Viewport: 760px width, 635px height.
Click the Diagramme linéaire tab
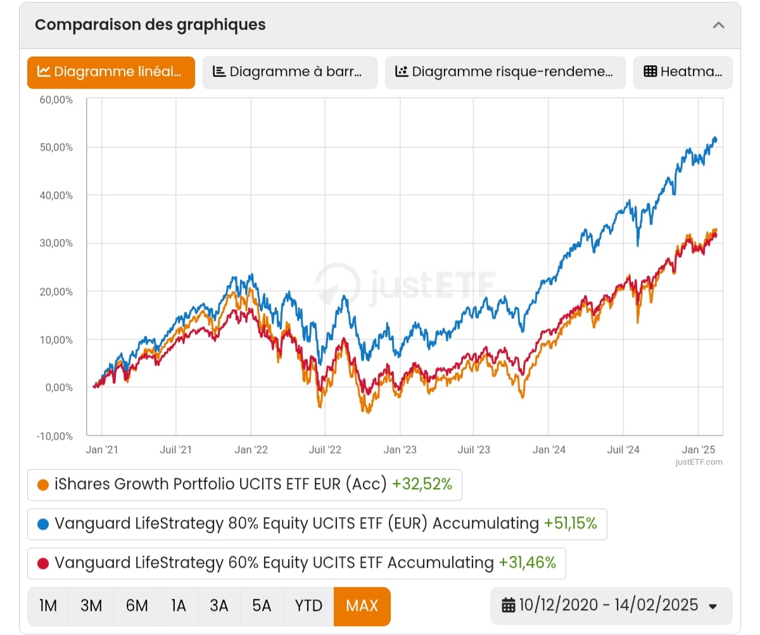click(x=111, y=72)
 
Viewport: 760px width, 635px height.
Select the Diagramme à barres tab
click(x=289, y=72)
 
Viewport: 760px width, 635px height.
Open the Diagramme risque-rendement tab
click(x=505, y=72)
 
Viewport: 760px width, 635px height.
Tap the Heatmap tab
click(x=683, y=72)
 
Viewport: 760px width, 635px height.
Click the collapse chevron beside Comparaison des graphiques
click(x=718, y=25)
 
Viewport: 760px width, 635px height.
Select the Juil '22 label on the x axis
click(x=325, y=450)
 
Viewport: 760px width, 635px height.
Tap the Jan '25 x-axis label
click(x=698, y=450)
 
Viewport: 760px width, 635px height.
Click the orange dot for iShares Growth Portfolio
click(x=43, y=485)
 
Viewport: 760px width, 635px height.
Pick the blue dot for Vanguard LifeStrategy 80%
click(x=43, y=524)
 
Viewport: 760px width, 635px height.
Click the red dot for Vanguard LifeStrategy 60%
click(x=43, y=563)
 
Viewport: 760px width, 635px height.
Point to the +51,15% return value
click(x=570, y=523)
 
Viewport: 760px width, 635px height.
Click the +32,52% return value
click(x=422, y=485)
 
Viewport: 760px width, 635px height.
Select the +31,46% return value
click(x=527, y=563)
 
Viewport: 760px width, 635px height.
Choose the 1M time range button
click(x=48, y=606)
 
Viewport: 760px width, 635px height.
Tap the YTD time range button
click(x=308, y=606)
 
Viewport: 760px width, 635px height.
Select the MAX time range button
click(x=362, y=606)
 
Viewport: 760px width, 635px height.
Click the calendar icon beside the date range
click(x=509, y=606)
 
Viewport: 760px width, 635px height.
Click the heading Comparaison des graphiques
click(x=150, y=25)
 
